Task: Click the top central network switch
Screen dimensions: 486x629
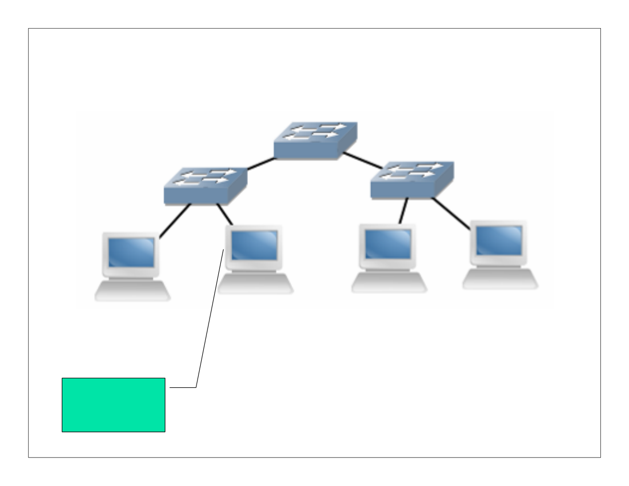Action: pos(316,141)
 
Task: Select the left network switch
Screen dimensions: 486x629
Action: pos(205,186)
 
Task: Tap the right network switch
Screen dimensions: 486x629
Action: pos(411,180)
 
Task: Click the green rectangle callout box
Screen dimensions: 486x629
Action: pos(113,404)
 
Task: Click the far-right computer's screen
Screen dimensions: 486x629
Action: pos(499,241)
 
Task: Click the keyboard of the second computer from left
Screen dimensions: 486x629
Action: pos(255,283)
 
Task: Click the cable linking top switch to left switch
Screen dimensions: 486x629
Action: pos(260,164)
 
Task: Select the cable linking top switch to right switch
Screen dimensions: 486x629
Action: pos(363,160)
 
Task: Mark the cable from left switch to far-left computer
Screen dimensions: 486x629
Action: pos(175,221)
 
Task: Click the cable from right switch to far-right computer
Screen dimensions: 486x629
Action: pos(451,213)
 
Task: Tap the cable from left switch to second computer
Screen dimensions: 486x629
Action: pos(224,214)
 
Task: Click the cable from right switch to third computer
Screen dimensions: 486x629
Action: pos(403,211)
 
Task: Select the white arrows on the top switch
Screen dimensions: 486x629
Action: pos(316,132)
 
